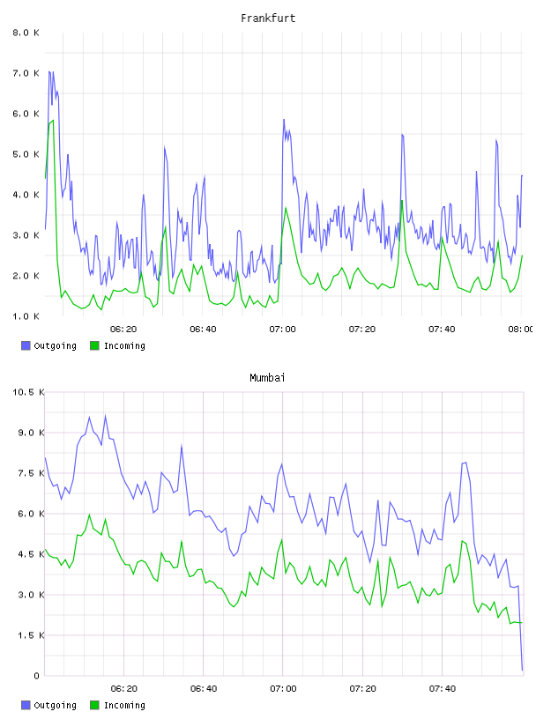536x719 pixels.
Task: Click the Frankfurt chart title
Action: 268,19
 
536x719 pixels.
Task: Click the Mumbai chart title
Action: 267,378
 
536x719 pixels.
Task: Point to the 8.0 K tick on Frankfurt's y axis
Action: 26,33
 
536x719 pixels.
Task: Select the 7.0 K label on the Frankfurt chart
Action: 26,73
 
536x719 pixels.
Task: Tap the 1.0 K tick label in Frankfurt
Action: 26,316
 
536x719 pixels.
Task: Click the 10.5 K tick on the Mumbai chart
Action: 28,392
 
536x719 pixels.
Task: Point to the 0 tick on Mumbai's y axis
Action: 37,676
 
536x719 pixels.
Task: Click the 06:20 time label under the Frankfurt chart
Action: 123,330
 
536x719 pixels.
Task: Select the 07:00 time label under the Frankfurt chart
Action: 283,330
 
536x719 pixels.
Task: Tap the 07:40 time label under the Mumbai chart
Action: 442,689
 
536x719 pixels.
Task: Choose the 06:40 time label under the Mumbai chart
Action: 204,689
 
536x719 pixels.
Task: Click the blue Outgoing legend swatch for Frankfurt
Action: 26,345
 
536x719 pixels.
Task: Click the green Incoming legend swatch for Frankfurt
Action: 94,345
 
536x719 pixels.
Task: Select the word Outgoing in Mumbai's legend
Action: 55,705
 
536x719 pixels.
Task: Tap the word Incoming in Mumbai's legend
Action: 124,705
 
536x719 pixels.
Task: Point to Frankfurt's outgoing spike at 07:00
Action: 284,120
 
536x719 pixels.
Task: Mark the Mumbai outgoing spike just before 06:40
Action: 182,446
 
